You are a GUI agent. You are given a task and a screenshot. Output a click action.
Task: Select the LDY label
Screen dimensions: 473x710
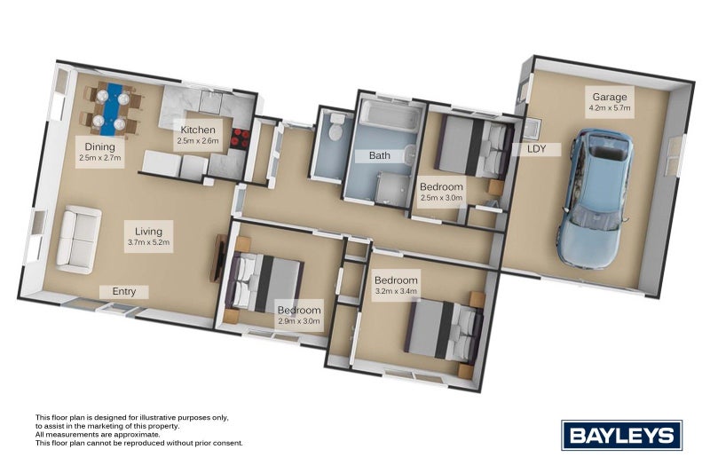click(x=536, y=148)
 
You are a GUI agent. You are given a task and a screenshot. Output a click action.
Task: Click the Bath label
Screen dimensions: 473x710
click(x=380, y=155)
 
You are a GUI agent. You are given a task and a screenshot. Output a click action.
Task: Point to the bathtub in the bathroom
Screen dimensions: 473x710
click(x=387, y=116)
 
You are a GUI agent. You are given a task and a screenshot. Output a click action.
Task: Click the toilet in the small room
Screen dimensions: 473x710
click(x=332, y=130)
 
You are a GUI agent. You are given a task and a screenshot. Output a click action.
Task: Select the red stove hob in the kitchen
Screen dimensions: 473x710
click(x=241, y=137)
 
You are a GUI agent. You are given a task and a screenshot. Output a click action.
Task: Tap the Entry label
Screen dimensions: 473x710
click(x=124, y=291)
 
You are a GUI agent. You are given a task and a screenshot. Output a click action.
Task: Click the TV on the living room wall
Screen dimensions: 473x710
click(x=216, y=257)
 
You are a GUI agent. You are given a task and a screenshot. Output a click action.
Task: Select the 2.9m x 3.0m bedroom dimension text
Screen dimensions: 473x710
click(x=299, y=321)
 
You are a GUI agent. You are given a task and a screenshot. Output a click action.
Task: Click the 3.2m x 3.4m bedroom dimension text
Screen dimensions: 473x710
click(x=395, y=289)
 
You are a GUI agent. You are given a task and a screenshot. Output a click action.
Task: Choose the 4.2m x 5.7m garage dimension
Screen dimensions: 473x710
click(x=609, y=108)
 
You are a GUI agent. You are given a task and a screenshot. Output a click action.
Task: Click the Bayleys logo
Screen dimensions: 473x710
click(x=621, y=435)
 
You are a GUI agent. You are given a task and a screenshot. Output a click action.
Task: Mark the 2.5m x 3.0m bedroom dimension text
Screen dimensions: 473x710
click(x=441, y=199)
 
